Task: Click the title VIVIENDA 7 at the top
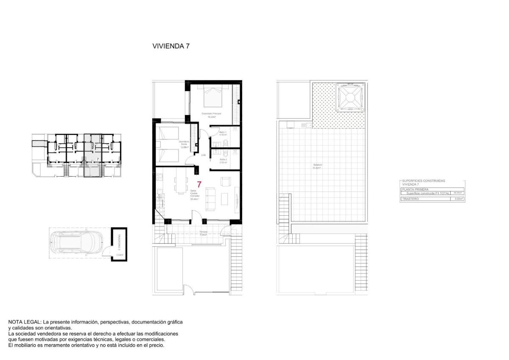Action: [x=171, y=46]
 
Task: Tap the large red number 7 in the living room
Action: [x=199, y=185]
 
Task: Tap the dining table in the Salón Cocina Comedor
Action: [x=181, y=185]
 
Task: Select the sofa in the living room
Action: [x=210, y=200]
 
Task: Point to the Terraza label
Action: [x=203, y=232]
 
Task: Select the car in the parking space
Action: [x=76, y=244]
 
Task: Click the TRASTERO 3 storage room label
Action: [x=119, y=242]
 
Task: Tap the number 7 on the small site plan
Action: [x=98, y=159]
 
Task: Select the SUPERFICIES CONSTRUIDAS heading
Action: [x=423, y=181]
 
